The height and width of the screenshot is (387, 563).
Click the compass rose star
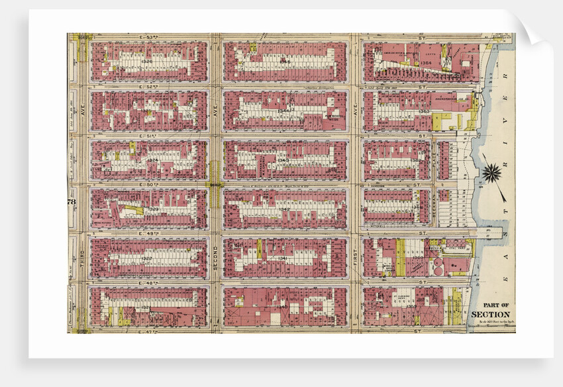point(492,174)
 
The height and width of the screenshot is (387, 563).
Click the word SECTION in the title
point(491,314)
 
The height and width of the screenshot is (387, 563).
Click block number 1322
point(147,258)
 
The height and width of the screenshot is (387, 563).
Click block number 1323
point(152,209)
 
